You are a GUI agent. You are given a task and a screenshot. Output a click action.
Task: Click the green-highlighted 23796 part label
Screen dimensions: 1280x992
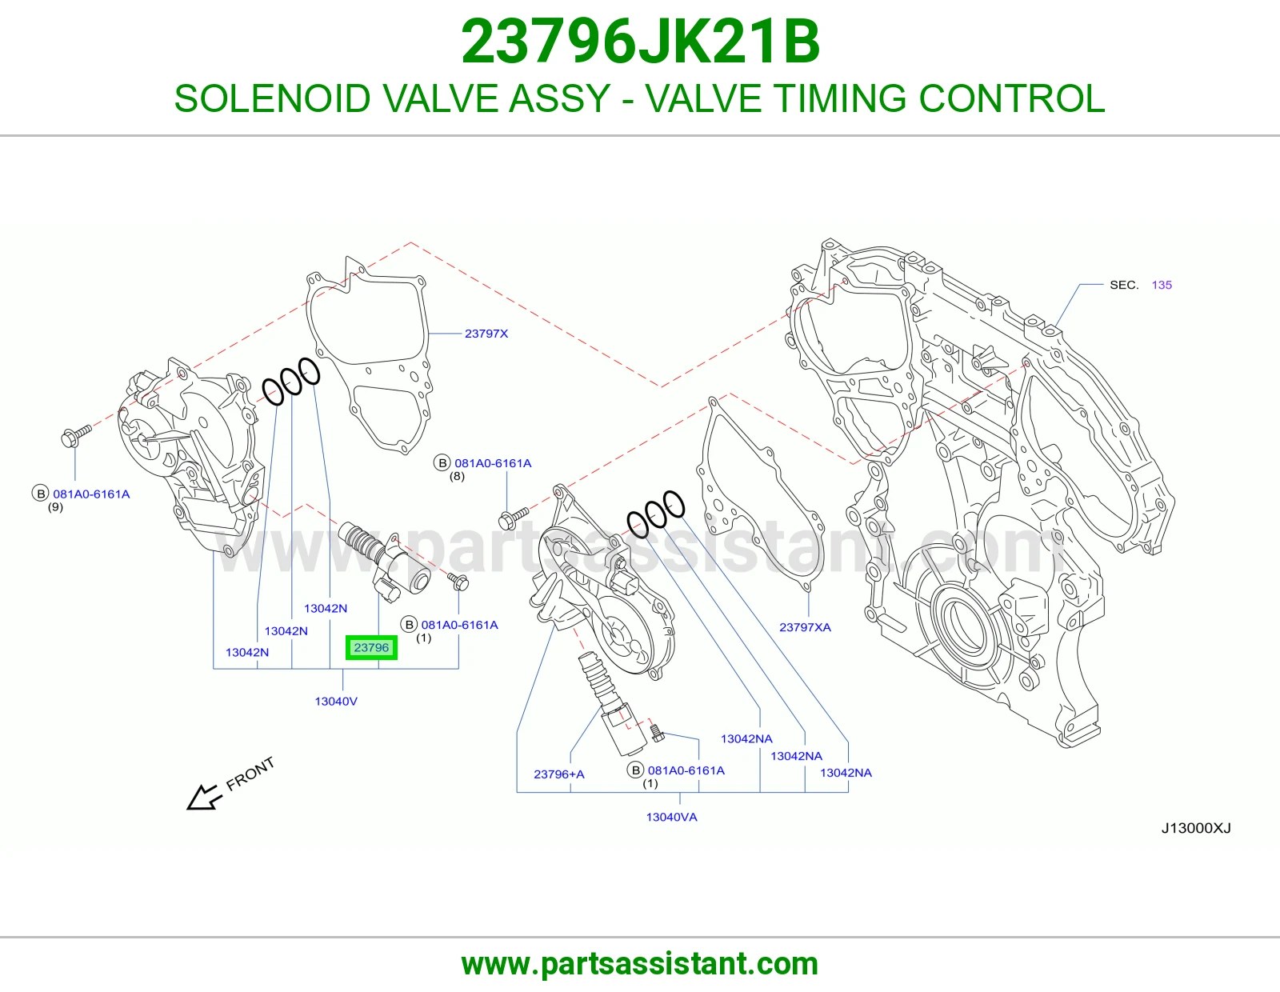click(x=371, y=647)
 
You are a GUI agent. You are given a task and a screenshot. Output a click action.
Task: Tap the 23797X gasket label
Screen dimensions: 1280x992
click(x=486, y=334)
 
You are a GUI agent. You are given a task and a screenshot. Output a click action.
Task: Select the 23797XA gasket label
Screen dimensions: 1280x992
click(x=805, y=626)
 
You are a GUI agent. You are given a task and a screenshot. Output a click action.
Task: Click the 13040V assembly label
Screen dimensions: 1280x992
click(x=336, y=701)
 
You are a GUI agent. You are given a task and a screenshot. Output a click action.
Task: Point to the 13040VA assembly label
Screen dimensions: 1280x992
click(x=671, y=817)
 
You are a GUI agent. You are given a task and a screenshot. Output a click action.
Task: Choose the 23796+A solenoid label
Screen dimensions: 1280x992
click(x=559, y=774)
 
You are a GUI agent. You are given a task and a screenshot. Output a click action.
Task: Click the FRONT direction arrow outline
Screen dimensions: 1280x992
click(x=204, y=797)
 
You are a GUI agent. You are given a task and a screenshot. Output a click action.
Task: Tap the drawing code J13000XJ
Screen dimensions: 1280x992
click(x=1196, y=828)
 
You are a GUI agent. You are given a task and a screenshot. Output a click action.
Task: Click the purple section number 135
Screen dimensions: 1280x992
click(x=1162, y=285)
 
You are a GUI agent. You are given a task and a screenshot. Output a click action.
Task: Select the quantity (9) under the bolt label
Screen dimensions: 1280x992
click(x=55, y=506)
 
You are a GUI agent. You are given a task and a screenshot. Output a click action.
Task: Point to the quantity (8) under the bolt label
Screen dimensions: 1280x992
click(x=457, y=476)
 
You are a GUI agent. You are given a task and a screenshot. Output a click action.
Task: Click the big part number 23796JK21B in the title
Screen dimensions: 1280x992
click(x=640, y=42)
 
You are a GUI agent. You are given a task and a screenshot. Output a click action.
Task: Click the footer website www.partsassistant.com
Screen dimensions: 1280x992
click(x=640, y=964)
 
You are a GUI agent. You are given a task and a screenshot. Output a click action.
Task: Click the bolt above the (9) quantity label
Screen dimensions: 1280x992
click(x=76, y=435)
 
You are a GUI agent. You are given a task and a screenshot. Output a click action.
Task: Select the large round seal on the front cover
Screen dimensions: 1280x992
click(x=966, y=625)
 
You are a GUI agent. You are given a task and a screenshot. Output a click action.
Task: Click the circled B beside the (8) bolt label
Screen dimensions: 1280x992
click(x=442, y=462)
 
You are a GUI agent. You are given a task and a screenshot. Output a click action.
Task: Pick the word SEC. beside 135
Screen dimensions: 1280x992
click(x=1124, y=285)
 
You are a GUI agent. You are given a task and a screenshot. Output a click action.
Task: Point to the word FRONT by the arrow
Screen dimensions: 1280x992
click(x=250, y=774)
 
